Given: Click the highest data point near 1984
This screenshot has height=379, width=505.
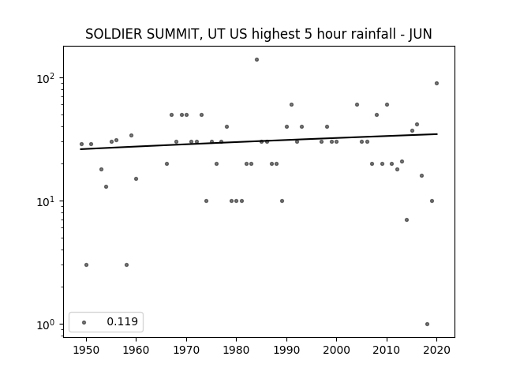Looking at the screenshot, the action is click(x=256, y=60).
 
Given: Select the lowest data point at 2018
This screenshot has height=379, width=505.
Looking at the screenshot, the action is click(x=427, y=325).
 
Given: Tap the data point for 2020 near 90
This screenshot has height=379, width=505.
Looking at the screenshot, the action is click(x=436, y=84).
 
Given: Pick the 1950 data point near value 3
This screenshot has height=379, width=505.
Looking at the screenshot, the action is click(x=86, y=265).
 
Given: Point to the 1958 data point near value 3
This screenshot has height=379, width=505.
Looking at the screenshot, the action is click(x=126, y=265).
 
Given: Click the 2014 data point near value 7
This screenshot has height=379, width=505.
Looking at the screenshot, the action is click(x=407, y=220).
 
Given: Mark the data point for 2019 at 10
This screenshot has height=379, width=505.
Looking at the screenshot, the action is click(x=432, y=201).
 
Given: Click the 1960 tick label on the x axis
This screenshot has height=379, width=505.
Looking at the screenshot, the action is click(x=136, y=350).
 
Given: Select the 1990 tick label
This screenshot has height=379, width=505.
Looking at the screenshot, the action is click(x=286, y=350).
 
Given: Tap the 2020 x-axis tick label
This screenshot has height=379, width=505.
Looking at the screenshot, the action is click(x=436, y=350).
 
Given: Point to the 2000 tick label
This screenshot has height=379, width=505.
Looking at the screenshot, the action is click(x=336, y=350).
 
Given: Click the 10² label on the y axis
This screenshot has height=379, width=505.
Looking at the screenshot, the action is click(x=46, y=78).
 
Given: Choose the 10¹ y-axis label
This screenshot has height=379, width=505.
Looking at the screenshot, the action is click(x=46, y=201).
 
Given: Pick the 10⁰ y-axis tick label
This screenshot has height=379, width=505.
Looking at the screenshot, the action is click(x=46, y=325).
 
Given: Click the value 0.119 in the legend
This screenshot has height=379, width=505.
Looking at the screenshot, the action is click(x=122, y=321).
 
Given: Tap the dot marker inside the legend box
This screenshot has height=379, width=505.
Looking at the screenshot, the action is click(x=84, y=322).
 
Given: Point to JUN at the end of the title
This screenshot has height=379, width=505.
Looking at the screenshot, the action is click(x=420, y=34).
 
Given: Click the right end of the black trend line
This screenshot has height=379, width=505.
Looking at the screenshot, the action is click(x=437, y=133).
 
